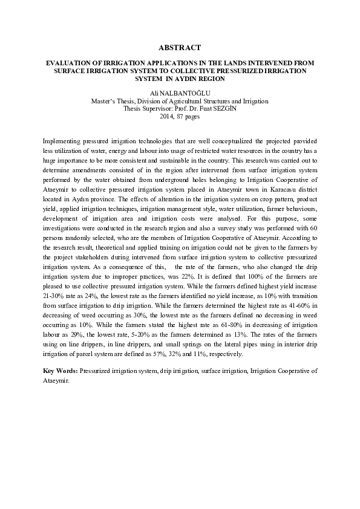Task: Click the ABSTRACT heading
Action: point(179,47)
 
